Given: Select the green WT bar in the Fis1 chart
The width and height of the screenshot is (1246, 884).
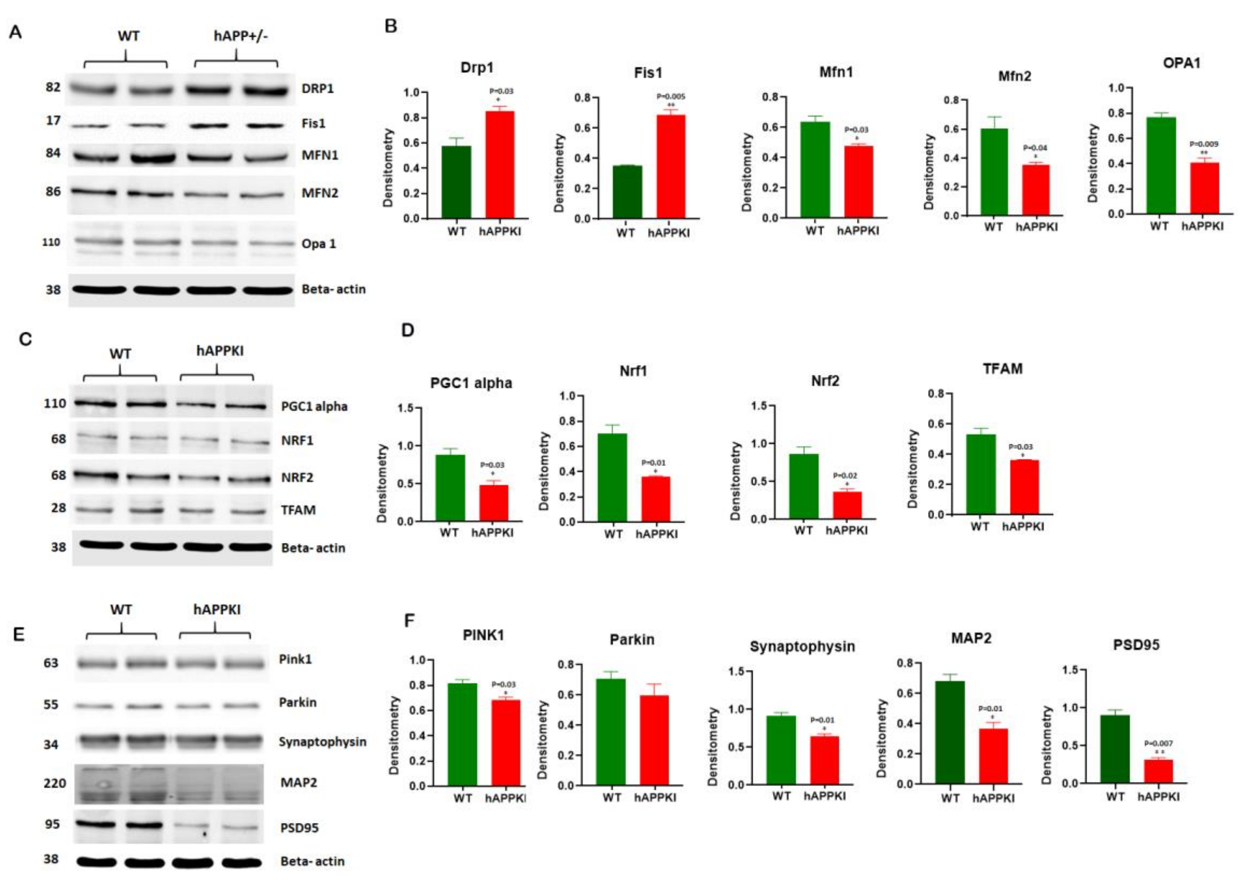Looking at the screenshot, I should (627, 192).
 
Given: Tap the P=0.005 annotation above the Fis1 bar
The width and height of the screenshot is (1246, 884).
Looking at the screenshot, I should (671, 97).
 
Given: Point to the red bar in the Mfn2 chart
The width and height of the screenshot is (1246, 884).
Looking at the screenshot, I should (1035, 190).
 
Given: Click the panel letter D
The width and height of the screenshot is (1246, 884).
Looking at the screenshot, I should (407, 330).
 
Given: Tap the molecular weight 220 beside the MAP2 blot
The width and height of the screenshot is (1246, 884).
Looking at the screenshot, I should (55, 783).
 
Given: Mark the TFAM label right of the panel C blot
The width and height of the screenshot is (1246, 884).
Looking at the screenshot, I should (298, 510).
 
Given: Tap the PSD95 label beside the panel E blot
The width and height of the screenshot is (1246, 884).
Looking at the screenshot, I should (299, 828).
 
